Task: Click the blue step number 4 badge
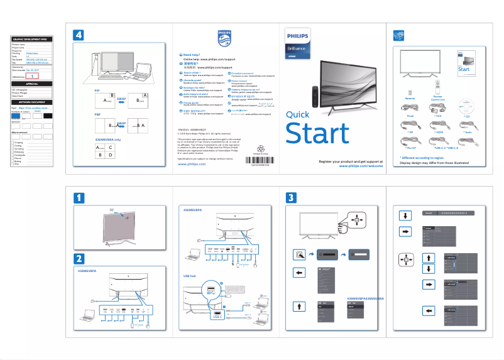(x=79, y=35)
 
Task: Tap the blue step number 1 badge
(x=79, y=198)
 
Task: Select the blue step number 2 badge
(x=79, y=258)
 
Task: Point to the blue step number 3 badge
(x=291, y=198)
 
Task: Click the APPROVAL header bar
(x=32, y=84)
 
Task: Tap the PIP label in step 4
(x=97, y=91)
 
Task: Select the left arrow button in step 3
(x=299, y=273)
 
